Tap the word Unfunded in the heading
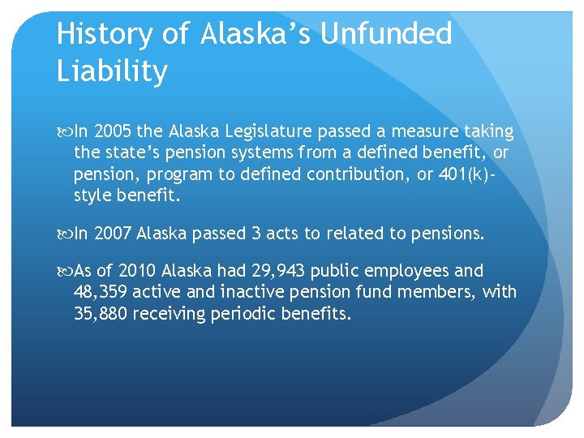coord(387,34)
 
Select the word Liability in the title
coord(112,71)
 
